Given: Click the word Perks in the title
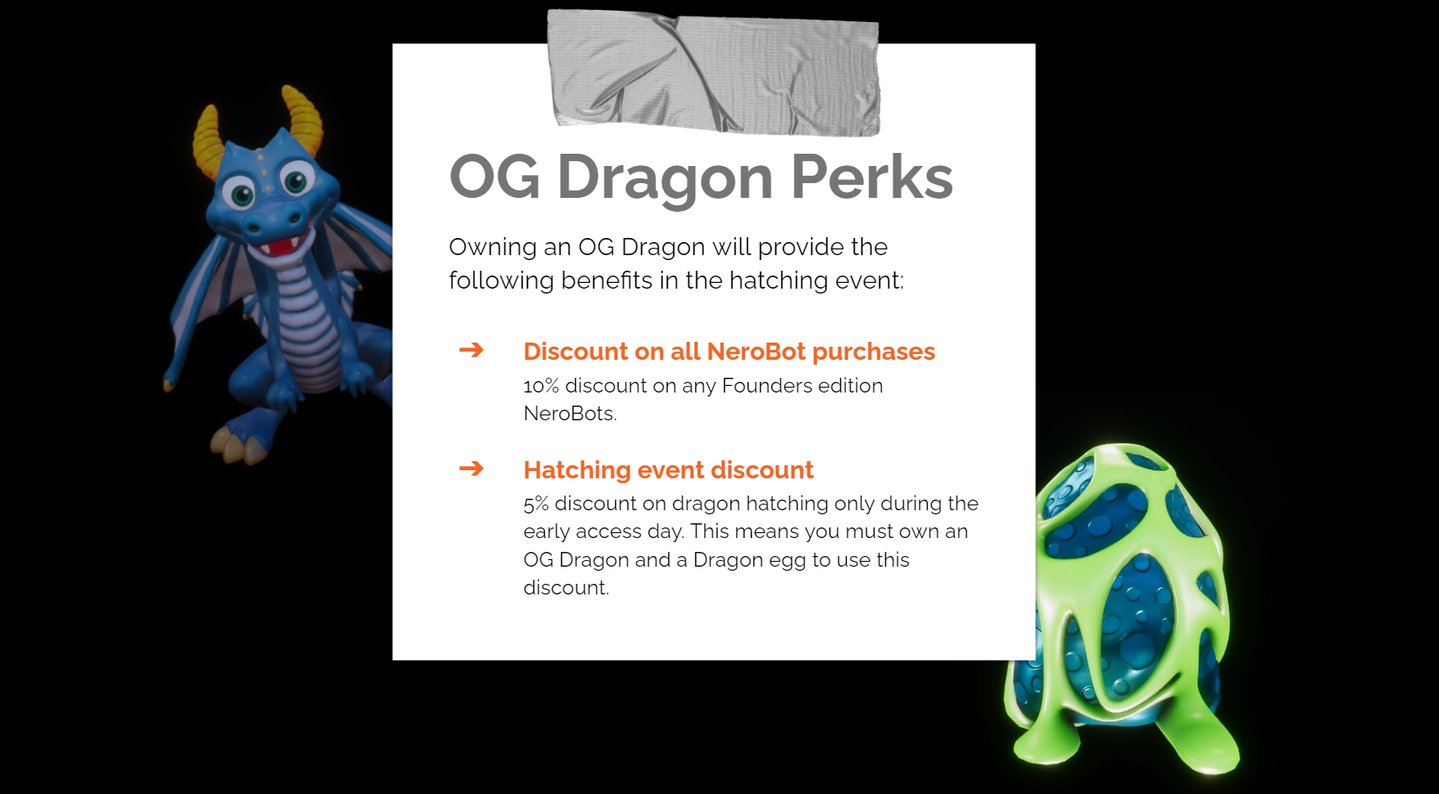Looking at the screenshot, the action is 872,177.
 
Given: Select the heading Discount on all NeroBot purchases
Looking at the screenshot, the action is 729,352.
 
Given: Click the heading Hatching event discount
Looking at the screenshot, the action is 668,470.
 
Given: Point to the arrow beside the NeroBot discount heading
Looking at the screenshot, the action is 471,350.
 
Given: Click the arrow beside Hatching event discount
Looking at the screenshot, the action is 471,469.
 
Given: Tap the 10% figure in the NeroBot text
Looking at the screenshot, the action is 541,385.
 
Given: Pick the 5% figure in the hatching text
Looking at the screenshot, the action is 536,504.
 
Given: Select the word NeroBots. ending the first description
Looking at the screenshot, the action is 570,414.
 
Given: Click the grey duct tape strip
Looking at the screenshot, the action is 713,72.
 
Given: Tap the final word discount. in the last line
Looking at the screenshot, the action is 566,588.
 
